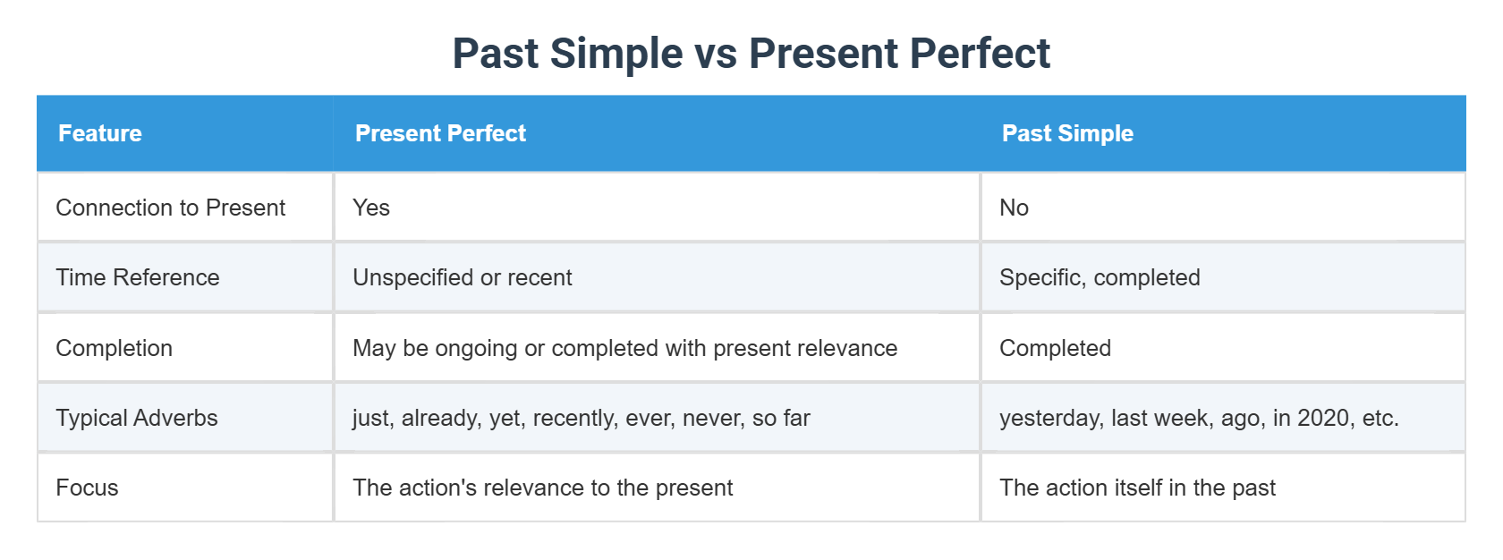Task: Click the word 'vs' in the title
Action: (x=716, y=54)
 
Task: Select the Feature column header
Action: (x=100, y=133)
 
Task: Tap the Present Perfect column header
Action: (x=440, y=133)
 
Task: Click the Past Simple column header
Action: (x=1067, y=133)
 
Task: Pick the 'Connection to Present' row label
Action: (x=170, y=208)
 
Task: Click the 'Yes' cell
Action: (x=371, y=208)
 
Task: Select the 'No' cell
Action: (x=1014, y=208)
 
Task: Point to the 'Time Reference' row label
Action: (x=138, y=277)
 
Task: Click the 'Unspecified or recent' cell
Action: (x=463, y=277)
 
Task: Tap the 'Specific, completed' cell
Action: (x=1100, y=277)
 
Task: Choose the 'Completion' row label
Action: (x=114, y=348)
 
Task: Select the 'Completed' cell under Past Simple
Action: (x=1055, y=348)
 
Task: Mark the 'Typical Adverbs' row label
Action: (x=137, y=418)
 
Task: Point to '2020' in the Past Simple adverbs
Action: (x=1323, y=418)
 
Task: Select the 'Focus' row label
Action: (x=87, y=488)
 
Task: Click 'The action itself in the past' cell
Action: (x=1137, y=488)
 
